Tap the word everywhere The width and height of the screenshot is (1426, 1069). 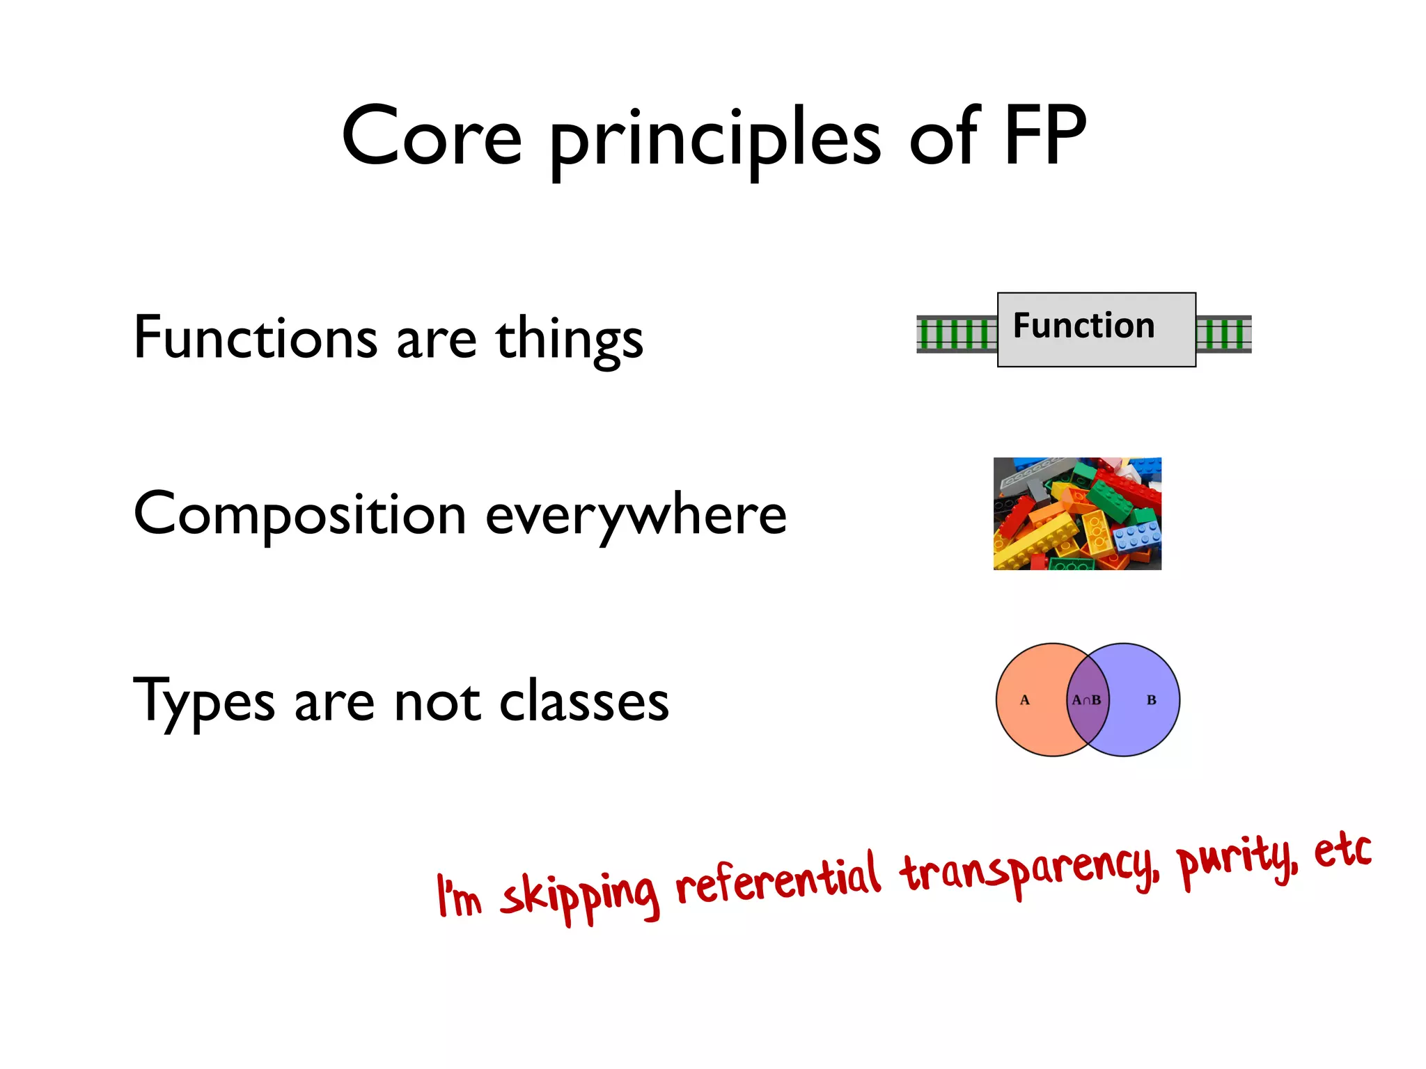pos(636,516)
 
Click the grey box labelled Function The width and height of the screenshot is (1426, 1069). pos(1096,330)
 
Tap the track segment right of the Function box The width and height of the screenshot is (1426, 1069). pos(1223,334)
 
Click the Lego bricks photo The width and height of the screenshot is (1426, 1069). pos(1077,514)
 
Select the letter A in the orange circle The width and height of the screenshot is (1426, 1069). pos(1024,700)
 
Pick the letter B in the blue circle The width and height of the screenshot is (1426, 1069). pos(1151,700)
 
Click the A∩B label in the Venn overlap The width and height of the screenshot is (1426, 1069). pos(1086,700)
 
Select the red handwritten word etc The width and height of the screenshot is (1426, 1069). pos(1342,850)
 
